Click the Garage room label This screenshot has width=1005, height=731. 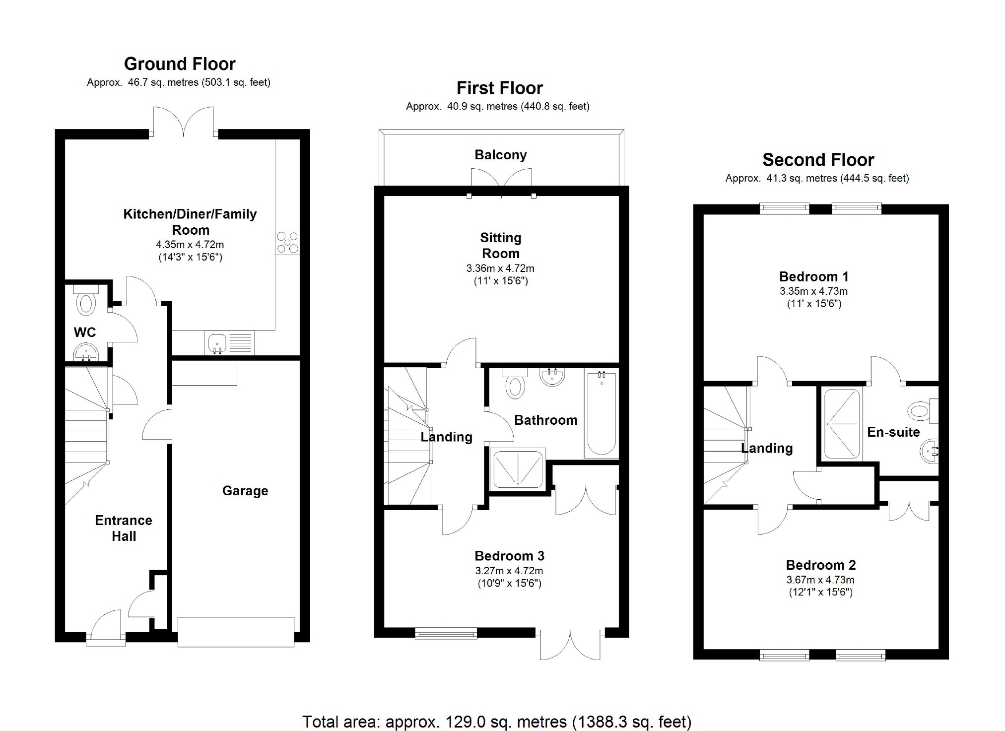pos(245,491)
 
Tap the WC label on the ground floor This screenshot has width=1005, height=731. pos(85,332)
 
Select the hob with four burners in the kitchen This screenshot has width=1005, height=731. pos(287,243)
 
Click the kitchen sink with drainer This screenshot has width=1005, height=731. pos(229,344)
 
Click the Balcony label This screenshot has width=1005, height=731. pos(500,155)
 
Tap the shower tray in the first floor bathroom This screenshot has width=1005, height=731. pos(518,469)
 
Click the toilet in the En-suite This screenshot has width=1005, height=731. pos(923,411)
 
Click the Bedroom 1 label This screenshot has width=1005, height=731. pos(814,276)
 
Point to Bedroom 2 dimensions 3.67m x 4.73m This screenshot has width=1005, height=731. pos(820,579)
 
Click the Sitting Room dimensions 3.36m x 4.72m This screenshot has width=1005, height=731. pos(500,268)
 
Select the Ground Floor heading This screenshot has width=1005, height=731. pos(180,64)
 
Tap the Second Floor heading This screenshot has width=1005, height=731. pos(818,160)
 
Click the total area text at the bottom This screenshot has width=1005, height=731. pos(497,721)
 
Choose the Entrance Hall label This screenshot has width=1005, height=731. pos(124,528)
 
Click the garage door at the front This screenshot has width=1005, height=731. pos(236,632)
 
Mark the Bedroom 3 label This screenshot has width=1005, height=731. pos(509,556)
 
